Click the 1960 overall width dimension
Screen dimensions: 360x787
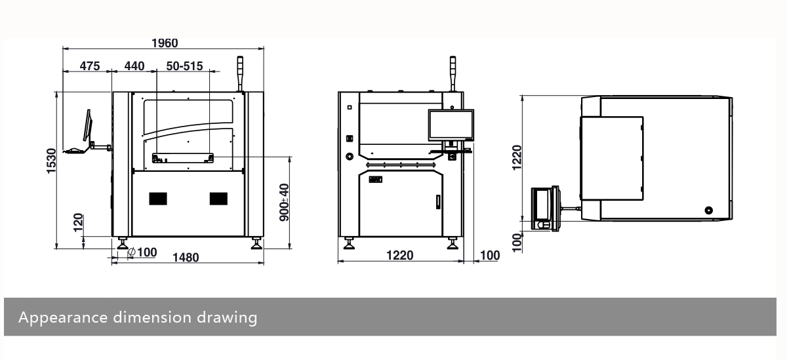164,43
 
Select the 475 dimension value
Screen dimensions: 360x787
90,66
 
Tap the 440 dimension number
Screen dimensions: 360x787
134,66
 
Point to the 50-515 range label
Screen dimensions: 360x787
184,66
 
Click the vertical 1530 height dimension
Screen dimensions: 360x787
52,161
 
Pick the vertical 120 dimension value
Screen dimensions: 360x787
79,224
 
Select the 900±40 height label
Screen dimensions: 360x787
284,202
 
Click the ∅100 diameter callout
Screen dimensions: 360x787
142,252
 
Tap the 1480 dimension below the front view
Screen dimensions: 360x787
186,258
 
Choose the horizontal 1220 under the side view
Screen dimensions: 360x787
400,256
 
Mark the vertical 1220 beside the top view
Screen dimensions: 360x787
517,157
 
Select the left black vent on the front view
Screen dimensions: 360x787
158,198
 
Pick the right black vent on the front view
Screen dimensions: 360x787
218,198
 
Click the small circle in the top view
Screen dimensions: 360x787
708,210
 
